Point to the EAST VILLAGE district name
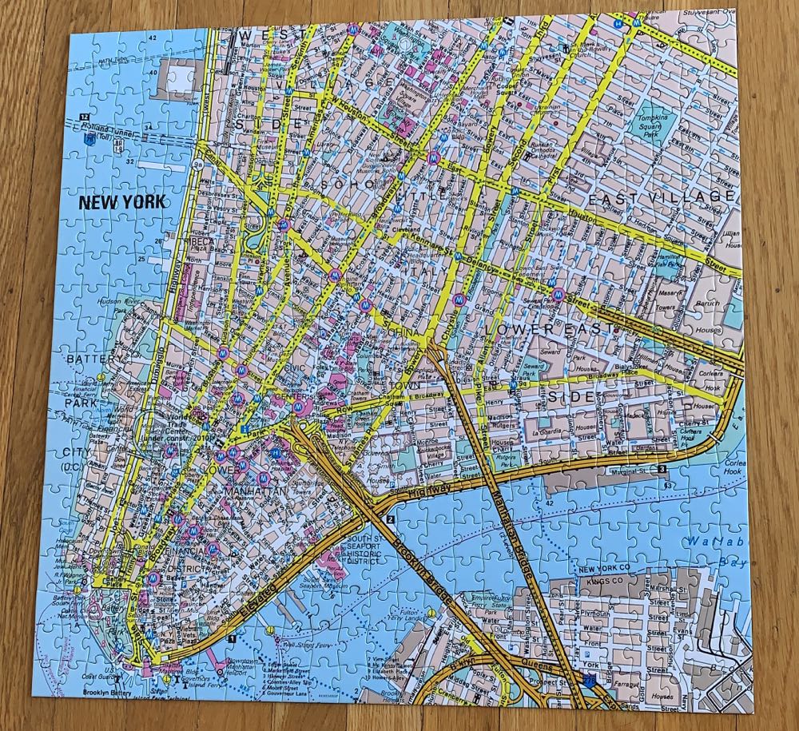[x=662, y=197]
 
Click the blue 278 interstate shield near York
[x=589, y=679]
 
